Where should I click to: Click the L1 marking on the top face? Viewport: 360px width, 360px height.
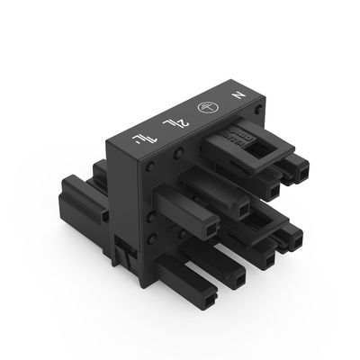(x=141, y=137)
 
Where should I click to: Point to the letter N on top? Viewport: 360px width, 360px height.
(x=239, y=93)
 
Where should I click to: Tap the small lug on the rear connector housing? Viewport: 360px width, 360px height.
(x=105, y=216)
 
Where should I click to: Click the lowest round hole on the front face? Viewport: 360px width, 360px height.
(x=151, y=238)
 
